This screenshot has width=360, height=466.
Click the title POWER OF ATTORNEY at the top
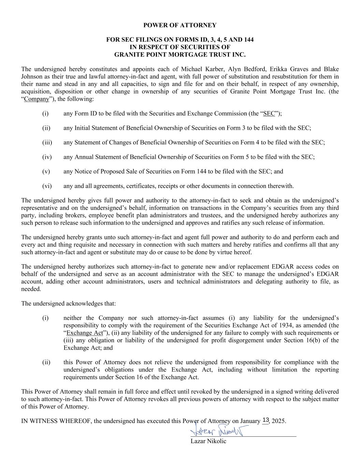[180, 25]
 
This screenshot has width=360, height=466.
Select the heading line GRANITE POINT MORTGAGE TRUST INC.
[180, 54]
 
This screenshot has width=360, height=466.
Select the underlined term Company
[37, 99]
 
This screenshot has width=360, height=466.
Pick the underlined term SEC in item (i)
[269, 114]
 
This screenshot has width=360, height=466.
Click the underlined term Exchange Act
[85, 333]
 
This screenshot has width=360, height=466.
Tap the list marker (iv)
[47, 157]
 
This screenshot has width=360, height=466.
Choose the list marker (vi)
[47, 186]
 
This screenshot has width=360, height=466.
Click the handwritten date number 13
[266, 420]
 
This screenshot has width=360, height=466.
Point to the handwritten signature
[217, 432]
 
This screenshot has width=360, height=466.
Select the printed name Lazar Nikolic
[208, 441]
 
